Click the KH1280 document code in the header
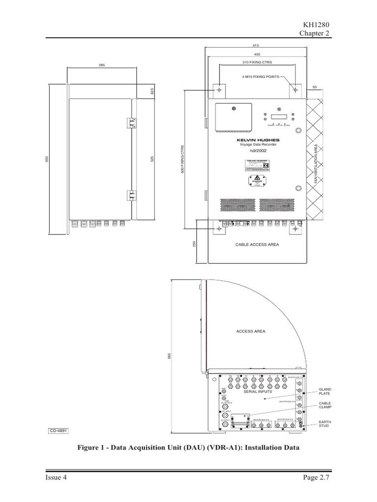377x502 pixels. coord(315,25)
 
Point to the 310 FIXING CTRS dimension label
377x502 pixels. coord(257,63)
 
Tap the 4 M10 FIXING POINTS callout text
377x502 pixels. coord(260,77)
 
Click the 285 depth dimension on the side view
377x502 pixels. coord(102,65)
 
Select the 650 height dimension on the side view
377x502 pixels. coord(48,160)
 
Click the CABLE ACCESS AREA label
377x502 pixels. coord(257,244)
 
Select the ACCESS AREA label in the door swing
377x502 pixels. coord(250,331)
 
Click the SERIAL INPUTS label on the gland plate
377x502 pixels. coord(258,392)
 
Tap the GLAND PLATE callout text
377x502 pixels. coord(325,391)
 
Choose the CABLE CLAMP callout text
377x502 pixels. coord(325,407)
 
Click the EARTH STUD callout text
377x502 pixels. coord(325,424)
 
